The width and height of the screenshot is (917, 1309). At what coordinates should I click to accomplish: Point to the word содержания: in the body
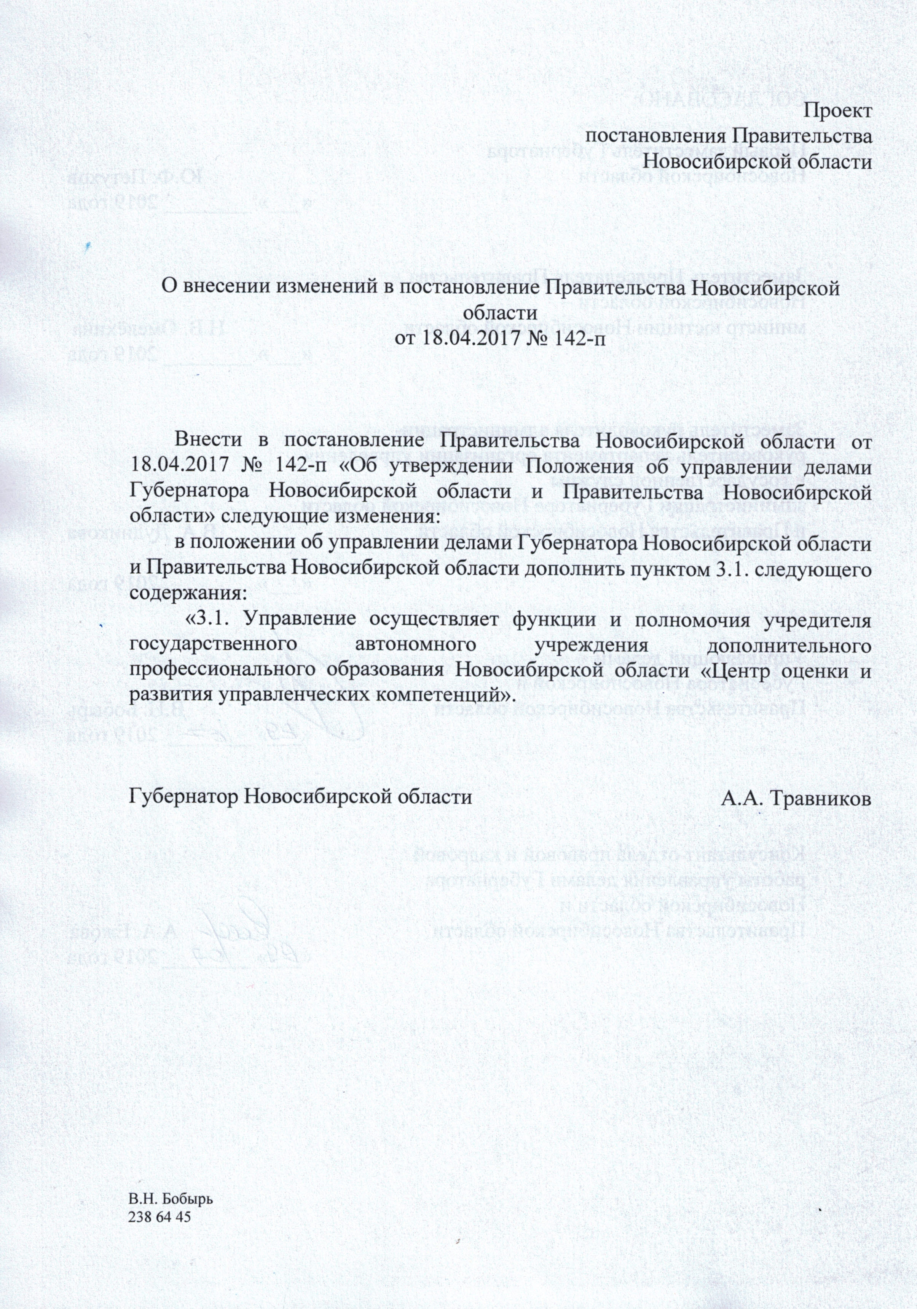tap(188, 593)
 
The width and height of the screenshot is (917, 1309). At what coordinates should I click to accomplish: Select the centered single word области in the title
tap(501, 313)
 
